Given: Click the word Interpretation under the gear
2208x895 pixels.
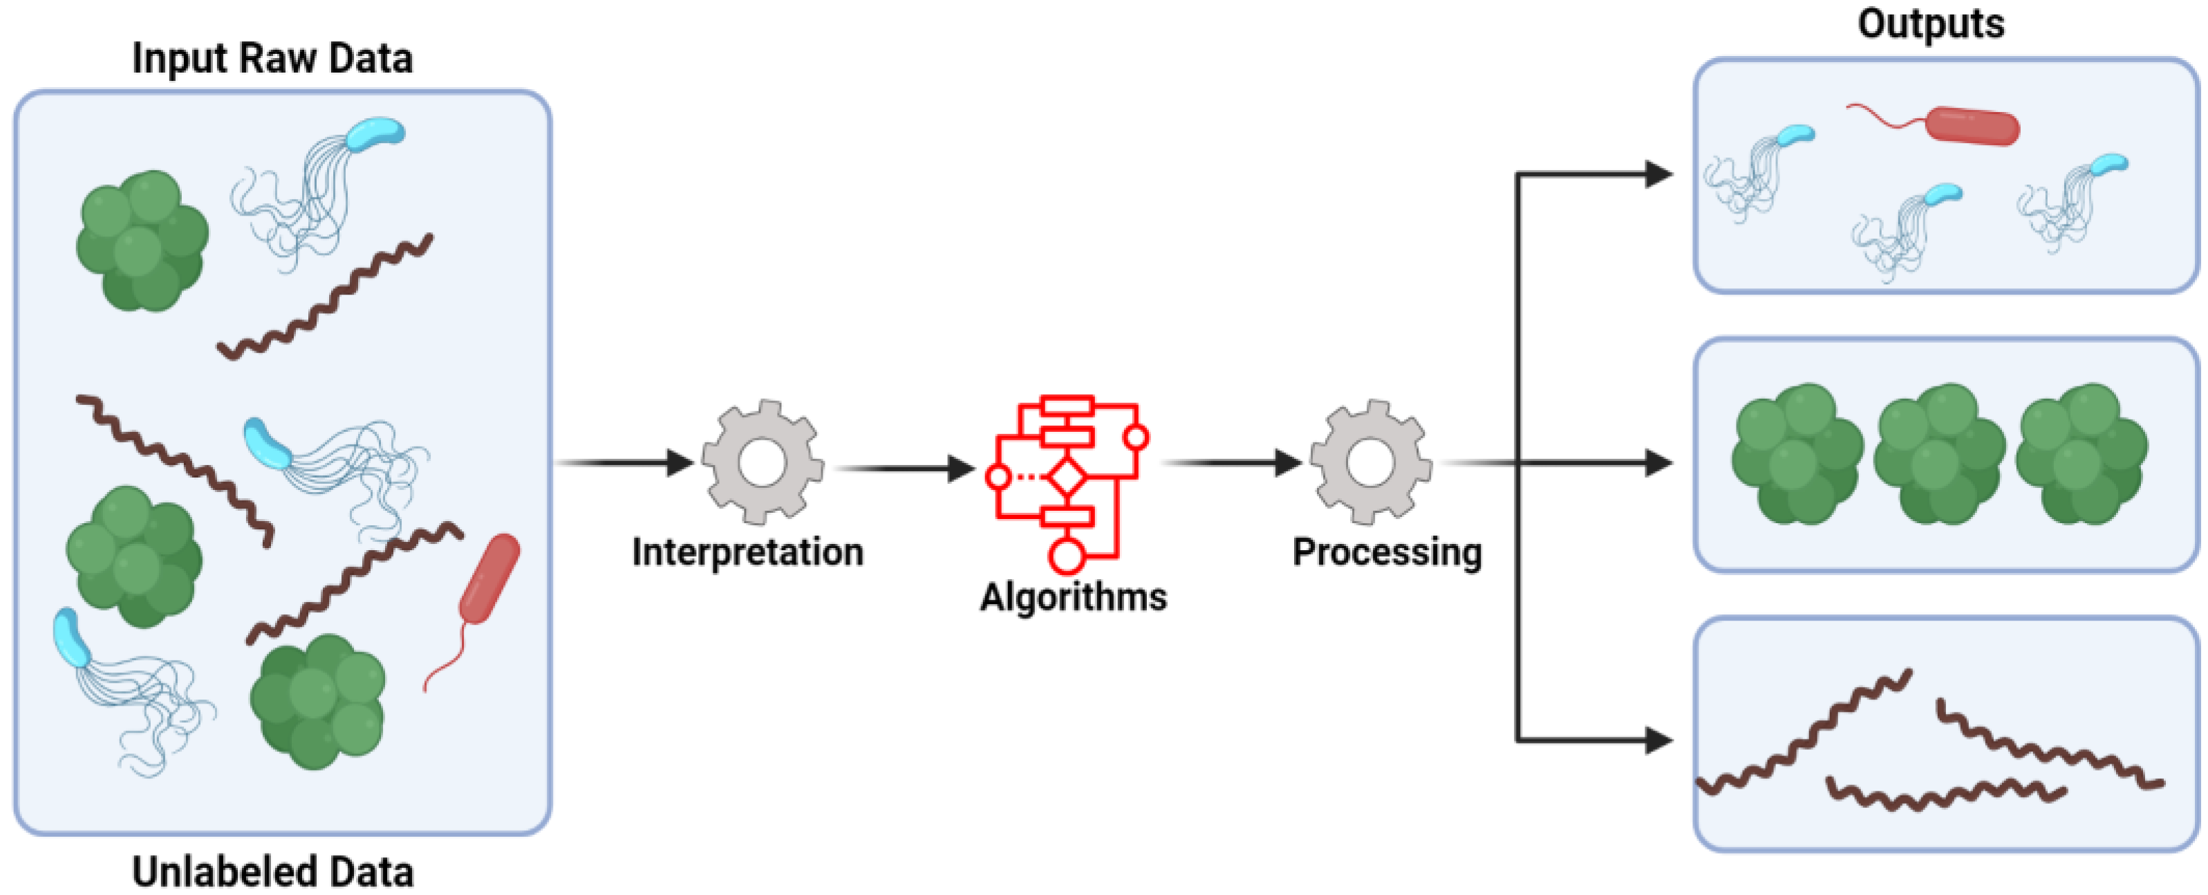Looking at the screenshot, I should (747, 552).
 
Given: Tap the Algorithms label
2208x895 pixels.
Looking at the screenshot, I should (1073, 596).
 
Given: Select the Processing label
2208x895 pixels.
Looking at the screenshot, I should (1387, 552).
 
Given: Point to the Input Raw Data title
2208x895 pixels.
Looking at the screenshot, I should (272, 58).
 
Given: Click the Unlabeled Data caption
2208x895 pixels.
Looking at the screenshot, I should (272, 872).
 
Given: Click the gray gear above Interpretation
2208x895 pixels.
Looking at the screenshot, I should (762, 462).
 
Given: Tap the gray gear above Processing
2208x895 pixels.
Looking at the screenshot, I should (1369, 462).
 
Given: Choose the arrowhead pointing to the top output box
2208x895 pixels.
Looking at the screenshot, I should (1658, 175).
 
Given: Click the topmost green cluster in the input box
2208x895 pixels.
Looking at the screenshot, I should (142, 240).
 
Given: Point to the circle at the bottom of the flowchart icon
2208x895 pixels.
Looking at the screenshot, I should (1066, 556).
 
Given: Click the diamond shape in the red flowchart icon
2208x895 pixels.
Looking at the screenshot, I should (1067, 477).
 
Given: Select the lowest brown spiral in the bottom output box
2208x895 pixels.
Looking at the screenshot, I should (1946, 795).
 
